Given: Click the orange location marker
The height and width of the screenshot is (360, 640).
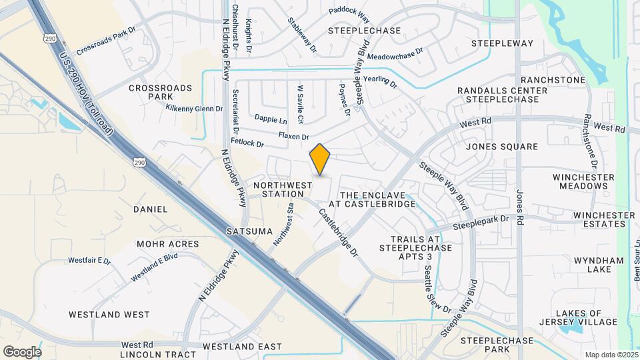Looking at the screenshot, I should (320, 159).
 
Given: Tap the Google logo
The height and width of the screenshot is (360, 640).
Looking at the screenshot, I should (22, 351).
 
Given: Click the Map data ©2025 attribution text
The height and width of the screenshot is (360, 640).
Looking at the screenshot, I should (611, 355).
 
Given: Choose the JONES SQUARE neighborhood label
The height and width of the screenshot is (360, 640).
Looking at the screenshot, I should (502, 147).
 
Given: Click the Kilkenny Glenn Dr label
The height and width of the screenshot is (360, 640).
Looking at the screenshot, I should (194, 108).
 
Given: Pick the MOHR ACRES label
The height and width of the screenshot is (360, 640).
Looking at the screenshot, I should (168, 244).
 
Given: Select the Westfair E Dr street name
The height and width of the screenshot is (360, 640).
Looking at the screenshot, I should (89, 260).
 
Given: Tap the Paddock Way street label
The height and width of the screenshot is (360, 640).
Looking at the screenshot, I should (349, 12).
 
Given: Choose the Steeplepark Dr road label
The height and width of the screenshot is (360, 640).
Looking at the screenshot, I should (481, 222).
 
